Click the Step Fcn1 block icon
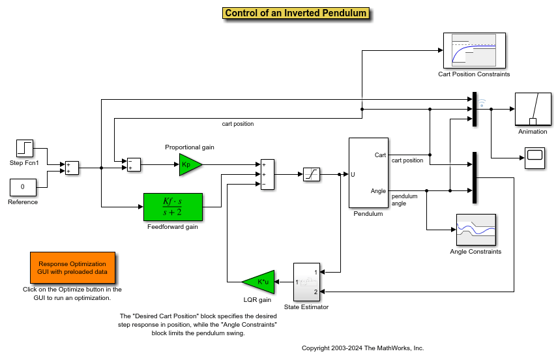pyautogui.click(x=25, y=148)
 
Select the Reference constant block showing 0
pyautogui.click(x=22, y=187)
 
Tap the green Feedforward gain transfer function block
pyautogui.click(x=173, y=207)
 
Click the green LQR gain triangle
pyautogui.click(x=258, y=282)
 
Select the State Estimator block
pyautogui.click(x=306, y=282)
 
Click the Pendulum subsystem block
pyautogui.click(x=368, y=173)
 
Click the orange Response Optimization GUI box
pyautogui.click(x=72, y=267)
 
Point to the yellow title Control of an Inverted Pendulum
pyautogui.click(x=296, y=13)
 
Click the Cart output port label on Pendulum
pyautogui.click(x=380, y=155)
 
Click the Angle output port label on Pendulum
pyautogui.click(x=378, y=190)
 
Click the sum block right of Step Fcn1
pyautogui.click(x=72, y=168)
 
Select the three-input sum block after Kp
pyautogui.click(x=267, y=174)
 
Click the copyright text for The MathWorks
pyautogui.click(x=363, y=348)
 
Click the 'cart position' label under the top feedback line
pyautogui.click(x=238, y=124)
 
